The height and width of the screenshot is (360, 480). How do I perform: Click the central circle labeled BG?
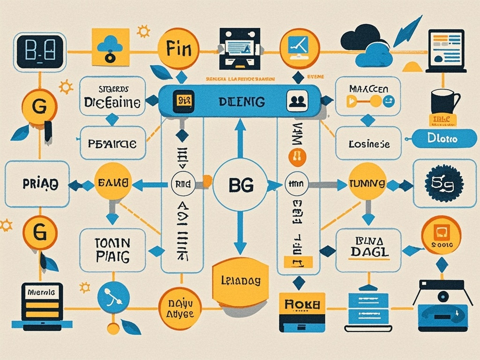(x=240, y=185)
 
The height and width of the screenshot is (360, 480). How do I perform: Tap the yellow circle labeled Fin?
(x=178, y=49)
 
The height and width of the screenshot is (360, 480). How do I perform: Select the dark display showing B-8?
(x=39, y=52)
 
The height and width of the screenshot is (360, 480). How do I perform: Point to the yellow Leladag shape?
(x=240, y=281)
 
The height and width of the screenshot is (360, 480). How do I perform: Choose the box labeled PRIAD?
(x=37, y=184)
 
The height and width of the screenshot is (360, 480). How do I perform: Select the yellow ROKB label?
(x=302, y=305)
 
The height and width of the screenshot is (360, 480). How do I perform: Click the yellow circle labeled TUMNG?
(x=367, y=184)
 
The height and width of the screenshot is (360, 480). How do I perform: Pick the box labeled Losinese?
(x=368, y=143)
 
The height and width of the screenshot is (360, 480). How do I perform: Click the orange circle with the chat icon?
(x=441, y=235)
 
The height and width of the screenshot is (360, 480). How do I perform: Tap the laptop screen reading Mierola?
(x=42, y=292)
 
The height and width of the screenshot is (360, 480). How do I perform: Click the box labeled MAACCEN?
(x=368, y=96)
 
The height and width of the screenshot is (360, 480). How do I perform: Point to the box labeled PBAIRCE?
(x=112, y=143)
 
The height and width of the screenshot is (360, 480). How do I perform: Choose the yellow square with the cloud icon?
(x=111, y=47)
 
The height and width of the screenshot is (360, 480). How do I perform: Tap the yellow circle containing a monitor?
(x=299, y=49)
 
